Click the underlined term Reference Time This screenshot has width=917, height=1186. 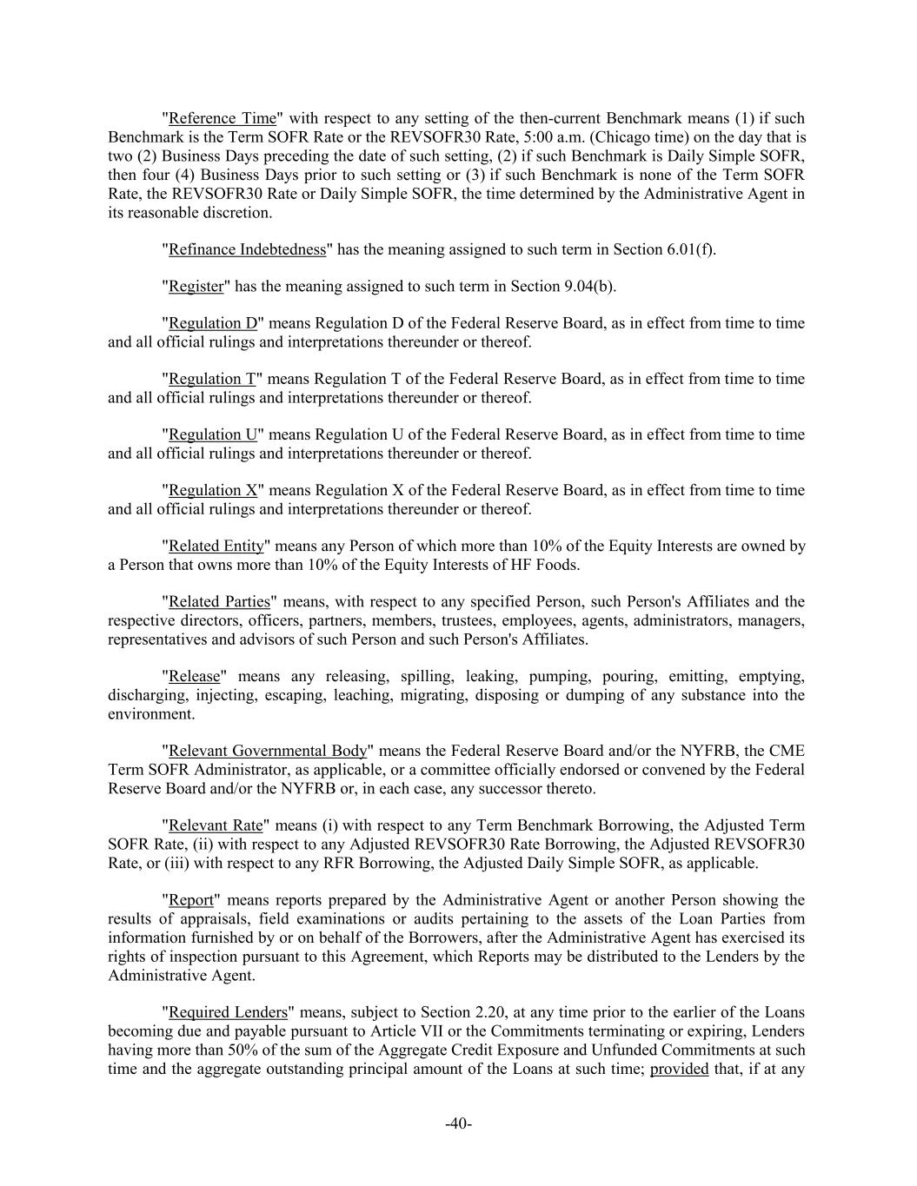pos(222,118)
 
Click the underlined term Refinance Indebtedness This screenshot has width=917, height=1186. pos(247,249)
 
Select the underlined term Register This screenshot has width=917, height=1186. pos(196,287)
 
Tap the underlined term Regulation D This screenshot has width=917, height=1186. pos(213,323)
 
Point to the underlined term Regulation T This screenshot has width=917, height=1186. pos(212,379)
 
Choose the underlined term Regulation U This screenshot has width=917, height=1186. pos(213,434)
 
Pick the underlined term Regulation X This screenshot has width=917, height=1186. pos(213,490)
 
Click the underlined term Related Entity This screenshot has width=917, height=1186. pos(216,547)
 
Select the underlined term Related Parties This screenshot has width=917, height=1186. pos(219,602)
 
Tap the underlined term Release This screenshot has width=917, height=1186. pos(194,677)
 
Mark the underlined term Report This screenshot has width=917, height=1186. pos(190,900)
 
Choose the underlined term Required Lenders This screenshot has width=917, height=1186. pos(228,1013)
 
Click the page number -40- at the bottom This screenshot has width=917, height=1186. pos(458,1124)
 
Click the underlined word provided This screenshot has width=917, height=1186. pos(679,1069)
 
